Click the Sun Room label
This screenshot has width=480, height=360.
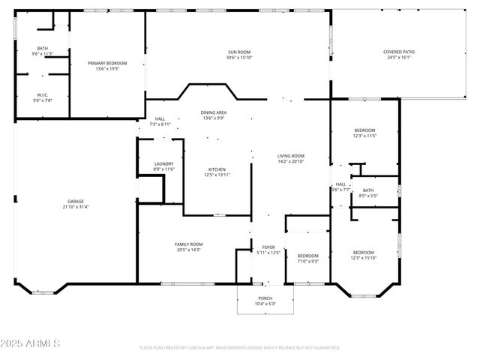238,55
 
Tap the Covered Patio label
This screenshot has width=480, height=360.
399,55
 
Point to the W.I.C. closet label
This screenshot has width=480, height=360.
43,97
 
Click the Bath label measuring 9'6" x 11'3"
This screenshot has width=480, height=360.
43,51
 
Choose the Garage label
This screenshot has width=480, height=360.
76,204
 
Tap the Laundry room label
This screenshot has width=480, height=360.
164,166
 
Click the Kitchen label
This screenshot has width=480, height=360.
216,172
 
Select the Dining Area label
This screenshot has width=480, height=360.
214,115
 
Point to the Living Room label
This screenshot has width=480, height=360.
291,158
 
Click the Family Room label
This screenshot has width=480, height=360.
189,247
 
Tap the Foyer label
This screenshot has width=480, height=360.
268,250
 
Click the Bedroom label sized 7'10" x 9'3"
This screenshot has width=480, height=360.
308,258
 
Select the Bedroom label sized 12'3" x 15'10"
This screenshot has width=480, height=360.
364,255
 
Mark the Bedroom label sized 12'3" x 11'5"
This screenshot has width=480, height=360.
364,133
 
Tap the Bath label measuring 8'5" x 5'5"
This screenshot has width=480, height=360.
367,193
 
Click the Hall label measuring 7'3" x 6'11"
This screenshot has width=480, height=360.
160,121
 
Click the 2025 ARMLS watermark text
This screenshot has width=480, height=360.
30,343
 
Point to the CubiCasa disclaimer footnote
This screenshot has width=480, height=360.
240,348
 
